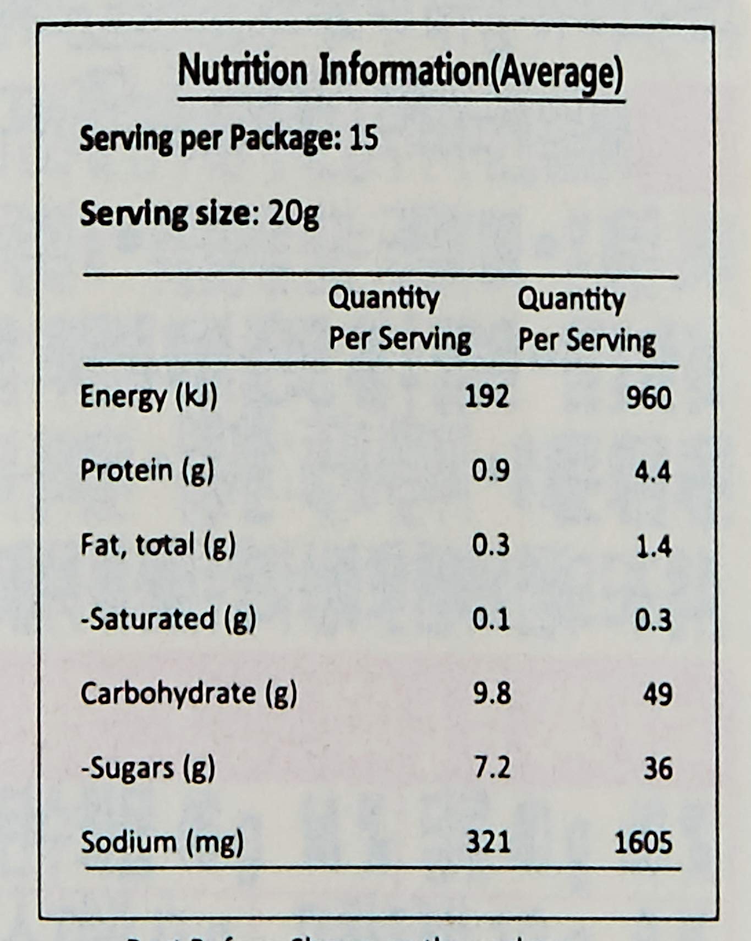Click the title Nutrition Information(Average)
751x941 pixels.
click(401, 73)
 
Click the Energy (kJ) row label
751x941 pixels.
click(149, 396)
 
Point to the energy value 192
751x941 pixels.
click(487, 396)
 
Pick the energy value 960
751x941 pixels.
click(649, 397)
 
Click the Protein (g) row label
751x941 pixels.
click(147, 471)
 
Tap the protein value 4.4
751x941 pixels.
click(653, 472)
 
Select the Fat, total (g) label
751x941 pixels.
click(158, 545)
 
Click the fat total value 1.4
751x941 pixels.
click(654, 546)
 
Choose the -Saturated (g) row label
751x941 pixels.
click(168, 619)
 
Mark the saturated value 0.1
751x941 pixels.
click(491, 620)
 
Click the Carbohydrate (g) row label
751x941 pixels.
click(189, 693)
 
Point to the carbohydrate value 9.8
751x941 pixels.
click(492, 693)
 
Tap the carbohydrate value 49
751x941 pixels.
click(657, 694)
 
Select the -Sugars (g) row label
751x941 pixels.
click(147, 768)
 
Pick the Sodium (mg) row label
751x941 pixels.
click(162, 842)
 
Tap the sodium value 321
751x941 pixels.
click(488, 842)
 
